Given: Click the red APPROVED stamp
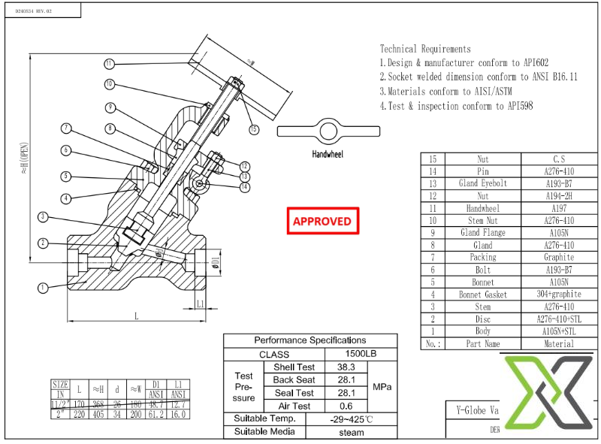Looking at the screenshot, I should click(322, 221).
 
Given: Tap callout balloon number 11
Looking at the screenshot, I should click(109, 63).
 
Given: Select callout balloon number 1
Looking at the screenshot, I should click(43, 286).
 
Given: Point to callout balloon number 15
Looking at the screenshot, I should click(254, 130).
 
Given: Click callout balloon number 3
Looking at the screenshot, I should click(43, 217).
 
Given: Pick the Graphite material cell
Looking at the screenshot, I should click(558, 257).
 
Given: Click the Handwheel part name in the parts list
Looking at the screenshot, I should click(482, 208).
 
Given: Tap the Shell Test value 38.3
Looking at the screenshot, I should click(346, 367).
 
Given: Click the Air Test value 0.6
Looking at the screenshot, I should click(346, 406).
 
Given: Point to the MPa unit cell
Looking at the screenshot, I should click(382, 386).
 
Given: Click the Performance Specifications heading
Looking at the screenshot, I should click(310, 340).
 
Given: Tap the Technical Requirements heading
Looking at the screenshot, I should click(425, 49).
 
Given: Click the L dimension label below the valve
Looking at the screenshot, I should click(137, 316).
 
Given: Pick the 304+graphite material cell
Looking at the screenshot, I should click(558, 294).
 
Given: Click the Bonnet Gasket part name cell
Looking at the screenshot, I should click(482, 294).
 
